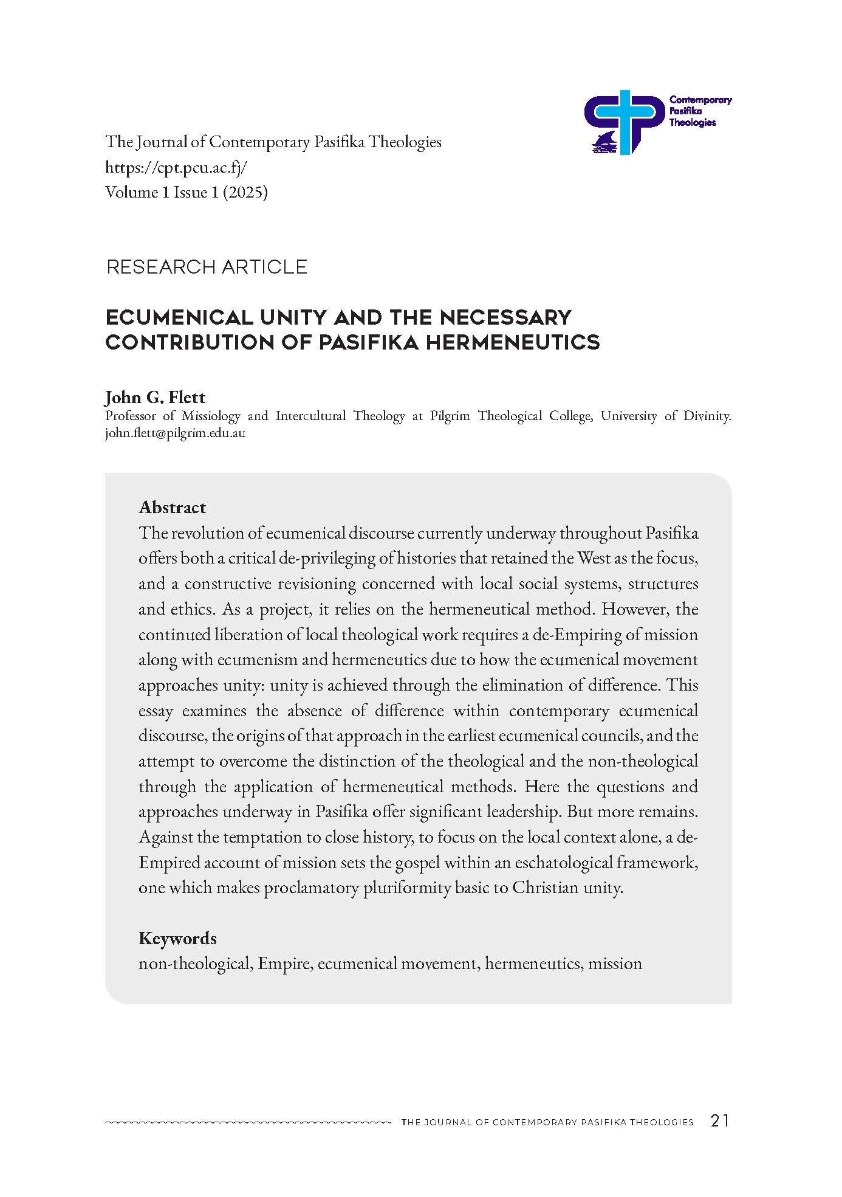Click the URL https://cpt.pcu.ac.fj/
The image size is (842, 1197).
tap(176, 167)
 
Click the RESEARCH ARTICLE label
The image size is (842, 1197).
tap(207, 267)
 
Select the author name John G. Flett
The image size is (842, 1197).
tap(156, 398)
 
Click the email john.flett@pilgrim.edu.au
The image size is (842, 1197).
tap(175, 434)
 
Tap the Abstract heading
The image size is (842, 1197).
tap(173, 507)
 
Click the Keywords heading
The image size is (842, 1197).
tap(177, 938)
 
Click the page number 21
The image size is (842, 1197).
tap(719, 1121)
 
